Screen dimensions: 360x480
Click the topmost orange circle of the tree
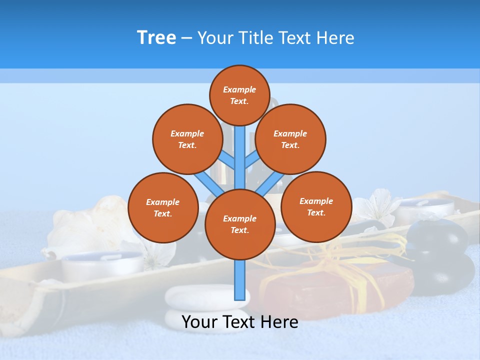click(x=239, y=95)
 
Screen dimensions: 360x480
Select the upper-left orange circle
click(x=187, y=139)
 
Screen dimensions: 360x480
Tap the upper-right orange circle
click(x=290, y=139)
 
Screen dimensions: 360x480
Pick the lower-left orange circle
click(x=163, y=207)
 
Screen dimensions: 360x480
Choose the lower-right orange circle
click(x=316, y=206)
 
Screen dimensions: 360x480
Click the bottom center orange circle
click(x=240, y=224)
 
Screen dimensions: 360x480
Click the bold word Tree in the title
click(x=156, y=37)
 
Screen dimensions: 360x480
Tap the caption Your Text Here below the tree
click(x=240, y=321)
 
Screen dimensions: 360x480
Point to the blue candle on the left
click(x=102, y=262)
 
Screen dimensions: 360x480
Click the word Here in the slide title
click(x=335, y=37)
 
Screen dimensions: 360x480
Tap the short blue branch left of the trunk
click(x=228, y=160)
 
